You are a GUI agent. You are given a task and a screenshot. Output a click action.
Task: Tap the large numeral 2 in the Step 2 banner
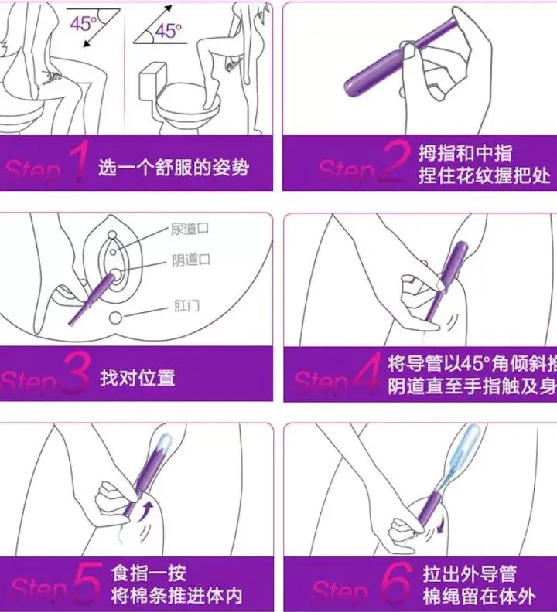click(395, 164)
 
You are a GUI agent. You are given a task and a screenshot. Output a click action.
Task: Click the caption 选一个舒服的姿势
click(174, 167)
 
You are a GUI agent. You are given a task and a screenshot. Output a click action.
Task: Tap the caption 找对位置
click(137, 378)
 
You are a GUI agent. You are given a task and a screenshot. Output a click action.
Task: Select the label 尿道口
click(190, 229)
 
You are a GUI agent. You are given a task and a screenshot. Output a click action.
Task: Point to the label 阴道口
click(190, 260)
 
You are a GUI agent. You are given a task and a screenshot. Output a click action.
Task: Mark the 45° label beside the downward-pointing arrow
click(83, 23)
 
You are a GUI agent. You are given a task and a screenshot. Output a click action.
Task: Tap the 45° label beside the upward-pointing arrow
click(167, 32)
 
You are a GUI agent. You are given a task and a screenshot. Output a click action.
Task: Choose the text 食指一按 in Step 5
click(149, 574)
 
